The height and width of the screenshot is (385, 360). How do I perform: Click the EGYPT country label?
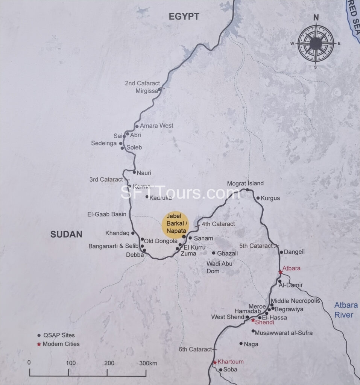(x=184, y=16)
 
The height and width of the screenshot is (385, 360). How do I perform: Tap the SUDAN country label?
(x=66, y=235)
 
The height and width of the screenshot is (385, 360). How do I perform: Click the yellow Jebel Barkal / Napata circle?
(x=174, y=224)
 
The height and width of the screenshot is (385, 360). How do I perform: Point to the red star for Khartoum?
(x=215, y=362)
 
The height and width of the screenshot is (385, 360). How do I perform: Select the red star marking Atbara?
(x=280, y=272)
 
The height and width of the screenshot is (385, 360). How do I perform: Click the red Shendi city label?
(x=264, y=323)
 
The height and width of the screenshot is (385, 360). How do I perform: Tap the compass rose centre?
(x=316, y=44)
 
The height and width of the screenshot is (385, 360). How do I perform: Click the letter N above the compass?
(x=316, y=17)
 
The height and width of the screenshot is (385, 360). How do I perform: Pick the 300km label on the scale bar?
(x=148, y=363)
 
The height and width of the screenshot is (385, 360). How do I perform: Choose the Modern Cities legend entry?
(x=61, y=344)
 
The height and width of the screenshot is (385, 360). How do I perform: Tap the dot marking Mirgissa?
(x=159, y=89)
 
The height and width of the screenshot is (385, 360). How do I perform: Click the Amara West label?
(x=156, y=126)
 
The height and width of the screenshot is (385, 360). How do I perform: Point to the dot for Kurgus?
(x=258, y=198)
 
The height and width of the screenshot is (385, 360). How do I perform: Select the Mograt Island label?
(x=245, y=183)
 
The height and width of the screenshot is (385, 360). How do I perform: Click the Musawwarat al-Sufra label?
(x=283, y=333)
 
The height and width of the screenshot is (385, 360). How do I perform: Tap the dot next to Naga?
(x=241, y=343)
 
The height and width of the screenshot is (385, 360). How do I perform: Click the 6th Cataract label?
(x=195, y=350)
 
